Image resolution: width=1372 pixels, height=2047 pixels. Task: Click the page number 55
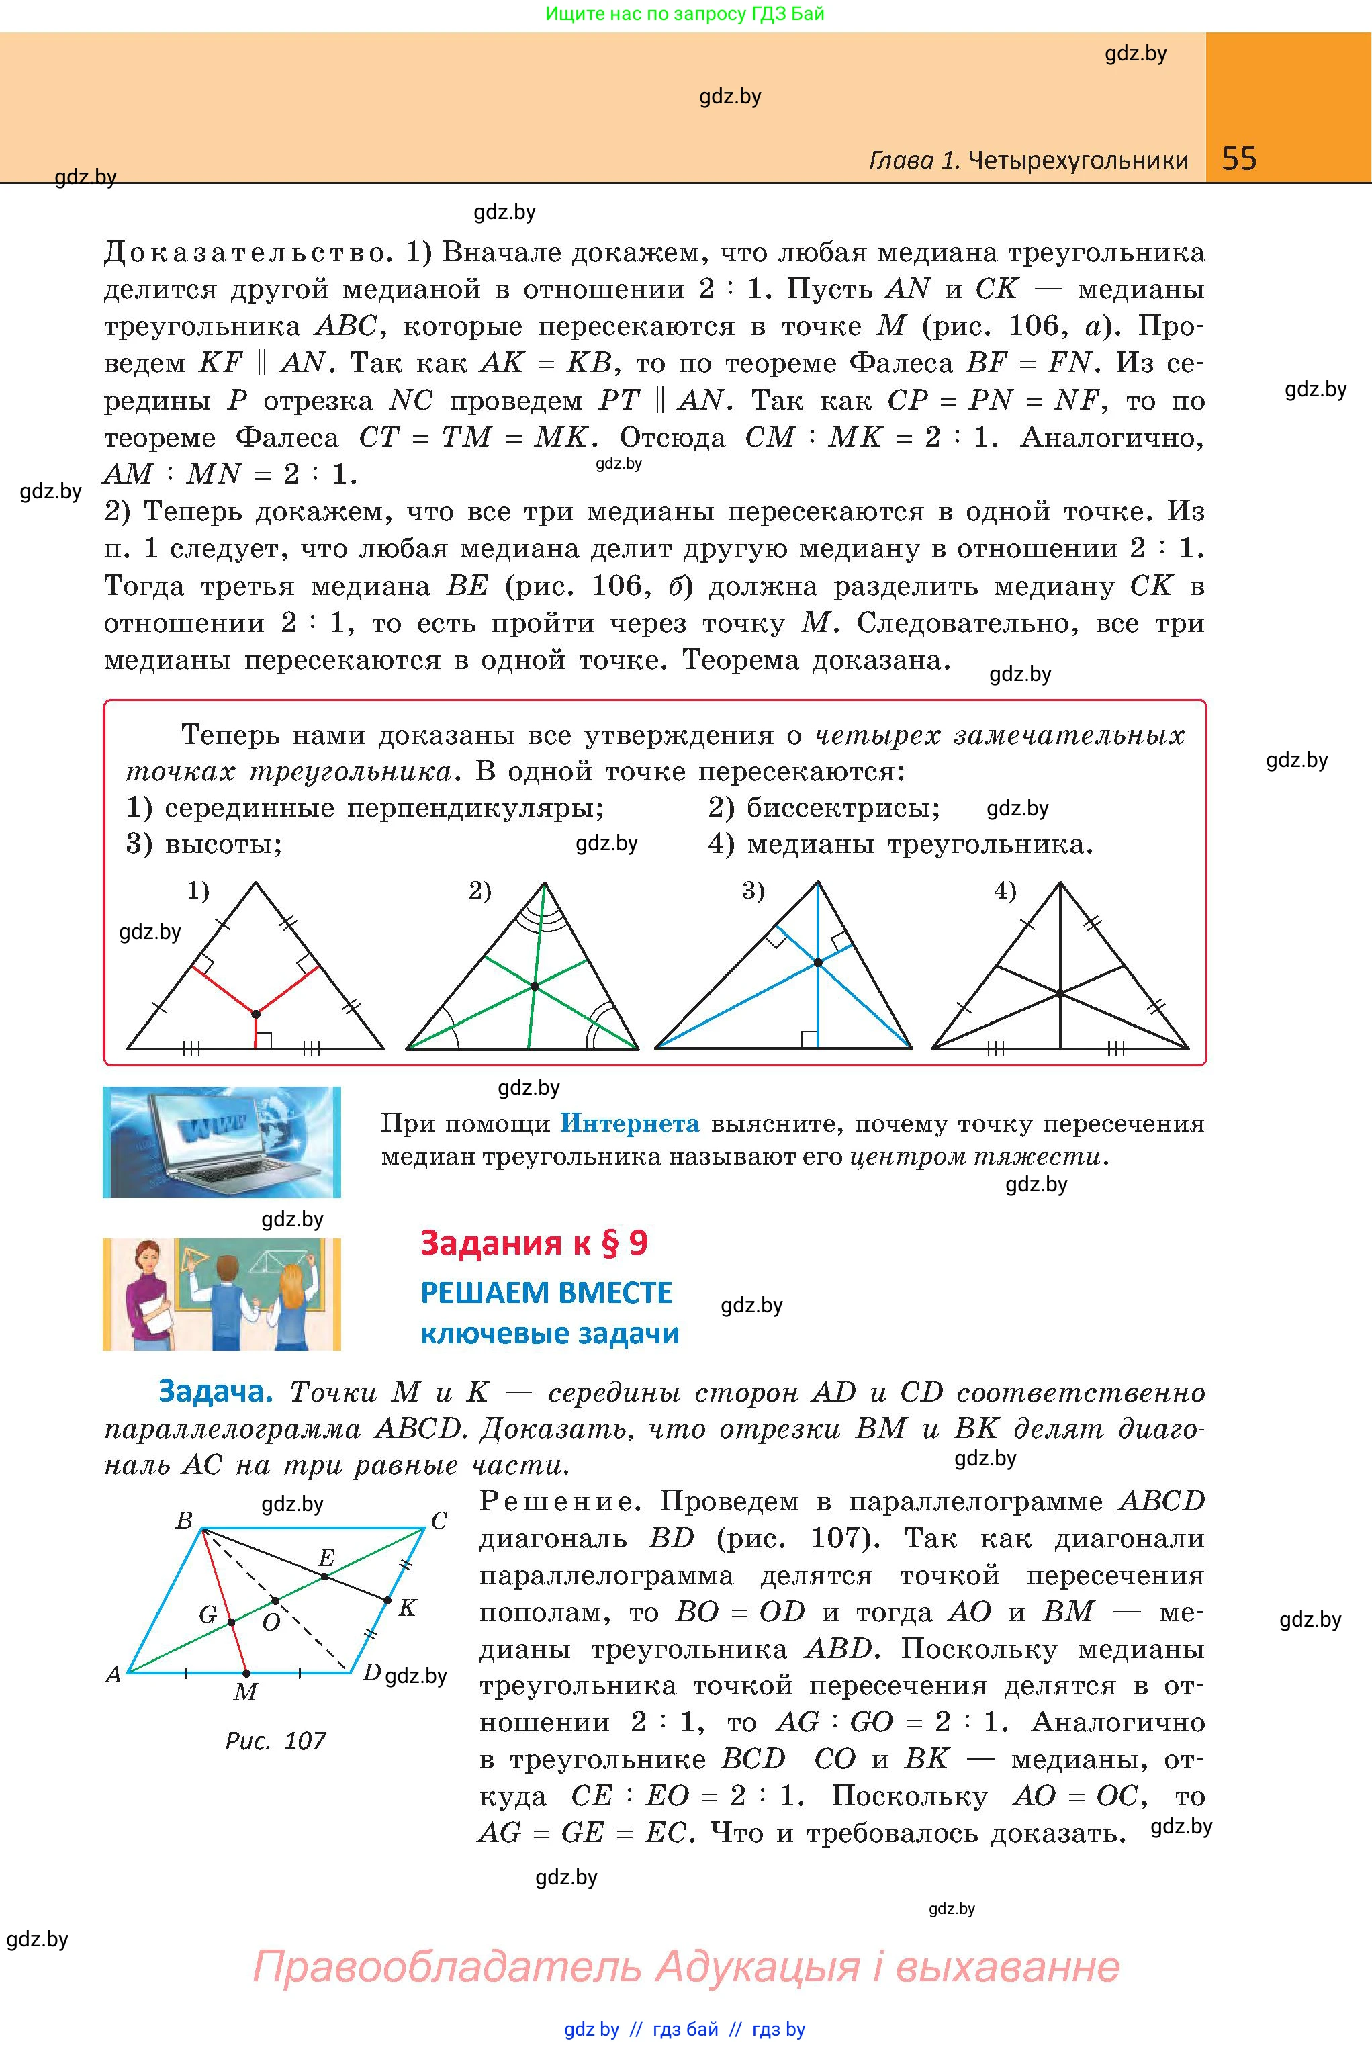tap(1239, 158)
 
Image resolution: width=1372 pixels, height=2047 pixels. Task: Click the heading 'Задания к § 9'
tap(534, 1243)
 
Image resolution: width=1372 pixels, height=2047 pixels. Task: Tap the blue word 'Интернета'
tap(629, 1123)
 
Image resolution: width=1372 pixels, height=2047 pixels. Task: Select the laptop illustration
tap(222, 1142)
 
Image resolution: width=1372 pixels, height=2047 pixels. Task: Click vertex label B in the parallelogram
tap(184, 1520)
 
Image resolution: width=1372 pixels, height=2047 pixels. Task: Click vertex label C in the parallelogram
tap(439, 1521)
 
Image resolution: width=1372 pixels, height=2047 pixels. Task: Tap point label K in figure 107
tap(407, 1607)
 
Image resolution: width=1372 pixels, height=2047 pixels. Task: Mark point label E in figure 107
tap(326, 1557)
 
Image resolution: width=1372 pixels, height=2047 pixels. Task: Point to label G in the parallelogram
tap(208, 1615)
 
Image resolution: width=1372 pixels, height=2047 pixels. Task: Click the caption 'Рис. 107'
tap(275, 1741)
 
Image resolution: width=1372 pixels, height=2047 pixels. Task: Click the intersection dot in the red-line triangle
tap(255, 1014)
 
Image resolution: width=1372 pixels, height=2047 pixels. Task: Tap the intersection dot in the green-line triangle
tap(534, 987)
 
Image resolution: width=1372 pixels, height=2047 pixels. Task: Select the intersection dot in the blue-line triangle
tap(818, 962)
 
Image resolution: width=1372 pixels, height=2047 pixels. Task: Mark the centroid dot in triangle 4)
tap(1060, 994)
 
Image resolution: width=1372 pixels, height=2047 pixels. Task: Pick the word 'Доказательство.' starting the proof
tap(246, 253)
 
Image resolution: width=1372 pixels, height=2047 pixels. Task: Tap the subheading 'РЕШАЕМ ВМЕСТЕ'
tap(546, 1293)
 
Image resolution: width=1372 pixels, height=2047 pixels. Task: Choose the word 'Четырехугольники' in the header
tap(1079, 160)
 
